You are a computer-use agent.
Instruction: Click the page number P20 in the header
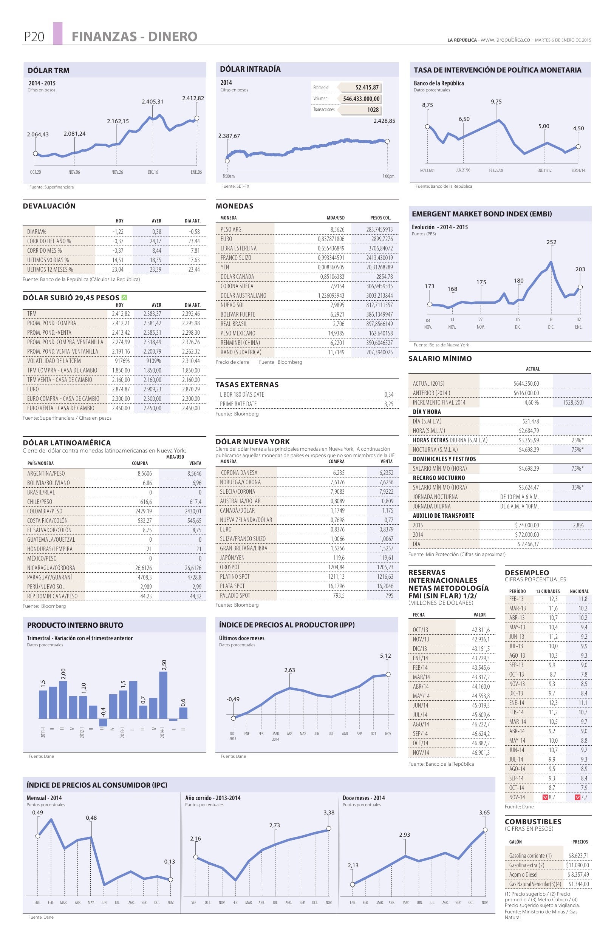[34, 37]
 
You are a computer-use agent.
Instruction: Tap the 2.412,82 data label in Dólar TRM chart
[193, 98]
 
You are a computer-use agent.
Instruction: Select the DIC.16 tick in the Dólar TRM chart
[153, 172]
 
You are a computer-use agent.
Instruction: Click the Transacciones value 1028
[373, 110]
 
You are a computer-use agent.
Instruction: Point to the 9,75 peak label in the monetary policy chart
[496, 102]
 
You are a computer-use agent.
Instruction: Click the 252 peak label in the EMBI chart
[551, 242]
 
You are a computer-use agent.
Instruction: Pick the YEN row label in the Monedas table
[225, 267]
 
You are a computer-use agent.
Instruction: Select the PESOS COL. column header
[380, 218]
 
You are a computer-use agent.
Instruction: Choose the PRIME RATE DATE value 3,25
[389, 404]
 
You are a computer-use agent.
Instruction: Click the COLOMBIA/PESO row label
[45, 511]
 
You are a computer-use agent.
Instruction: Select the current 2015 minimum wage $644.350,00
[526, 383]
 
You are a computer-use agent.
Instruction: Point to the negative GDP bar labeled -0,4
[103, 722]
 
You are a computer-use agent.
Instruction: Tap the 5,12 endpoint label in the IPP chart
[385, 656]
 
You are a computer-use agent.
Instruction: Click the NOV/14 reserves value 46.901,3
[481, 752]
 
